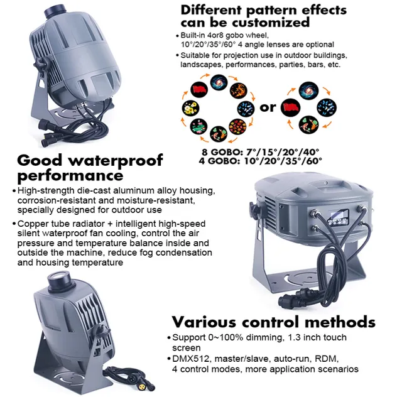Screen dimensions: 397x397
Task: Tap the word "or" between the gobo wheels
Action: (268, 107)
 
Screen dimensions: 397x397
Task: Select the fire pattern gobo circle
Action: (239, 90)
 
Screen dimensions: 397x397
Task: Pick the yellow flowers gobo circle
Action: (191, 108)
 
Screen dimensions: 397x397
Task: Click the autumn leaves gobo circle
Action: (237, 127)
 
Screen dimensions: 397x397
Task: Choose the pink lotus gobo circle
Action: (198, 126)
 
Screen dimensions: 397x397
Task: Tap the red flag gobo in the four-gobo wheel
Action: (290, 107)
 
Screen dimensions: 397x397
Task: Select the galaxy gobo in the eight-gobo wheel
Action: (219, 82)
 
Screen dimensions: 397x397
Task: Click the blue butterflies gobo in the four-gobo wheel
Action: (327, 107)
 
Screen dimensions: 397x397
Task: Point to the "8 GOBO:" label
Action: (222, 152)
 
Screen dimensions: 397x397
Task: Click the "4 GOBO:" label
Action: (219, 161)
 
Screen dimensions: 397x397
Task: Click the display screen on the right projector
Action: (338, 217)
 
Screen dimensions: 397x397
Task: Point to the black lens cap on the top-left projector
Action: (55, 12)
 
